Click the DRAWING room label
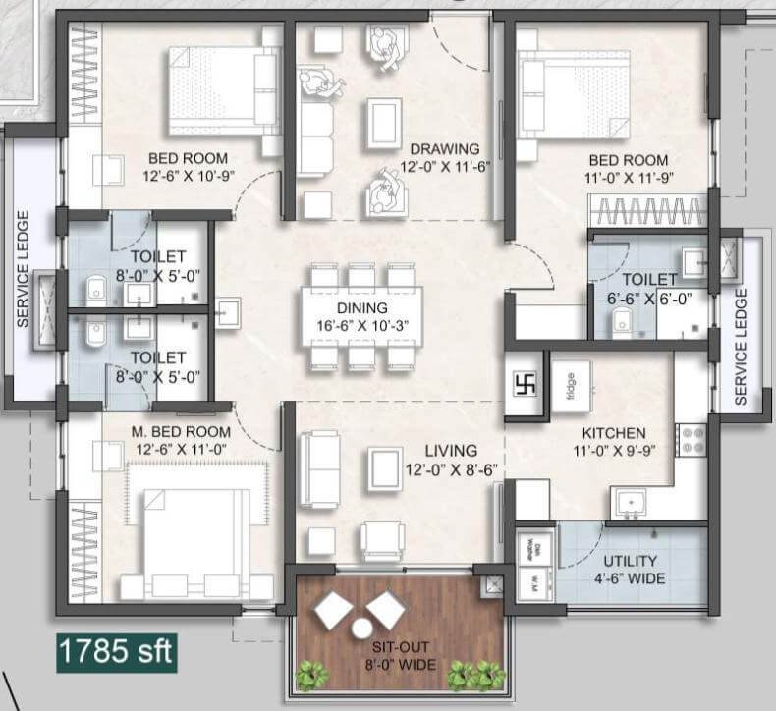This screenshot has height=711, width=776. point(445,149)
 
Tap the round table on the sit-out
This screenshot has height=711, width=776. point(361,629)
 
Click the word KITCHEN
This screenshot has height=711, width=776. point(614,433)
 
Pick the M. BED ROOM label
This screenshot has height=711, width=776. point(181,431)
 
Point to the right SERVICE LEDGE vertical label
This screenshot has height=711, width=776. point(742,346)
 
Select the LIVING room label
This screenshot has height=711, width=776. point(451,451)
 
